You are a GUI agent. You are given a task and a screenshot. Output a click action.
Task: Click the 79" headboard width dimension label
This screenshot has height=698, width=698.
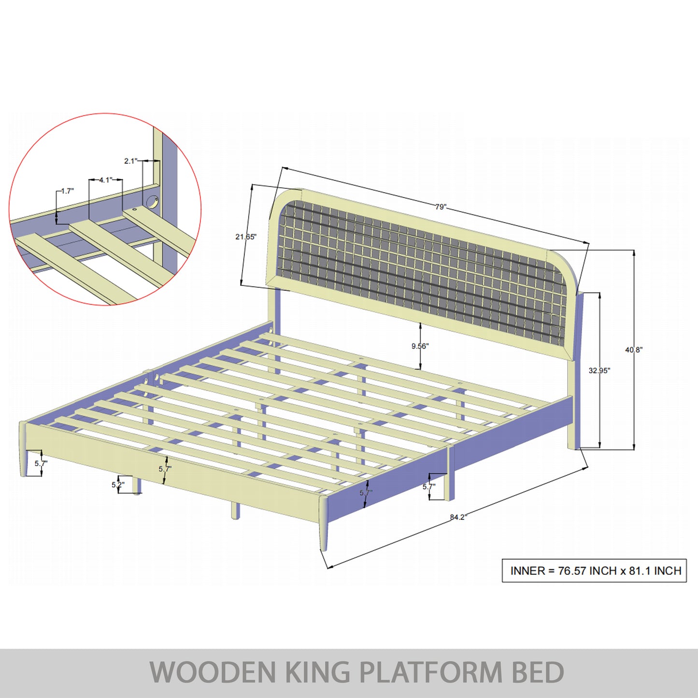pos(441,207)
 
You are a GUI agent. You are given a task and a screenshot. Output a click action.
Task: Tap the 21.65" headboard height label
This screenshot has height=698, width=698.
pos(246,237)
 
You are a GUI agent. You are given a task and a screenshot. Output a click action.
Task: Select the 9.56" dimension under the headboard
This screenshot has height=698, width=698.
pos(420,346)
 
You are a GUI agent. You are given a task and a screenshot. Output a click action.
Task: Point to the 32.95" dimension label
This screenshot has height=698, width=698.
pos(599,370)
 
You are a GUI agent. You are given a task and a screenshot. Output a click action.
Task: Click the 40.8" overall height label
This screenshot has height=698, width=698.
pos(634,350)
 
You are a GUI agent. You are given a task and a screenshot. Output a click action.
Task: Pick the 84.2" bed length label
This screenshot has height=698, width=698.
pos(458,517)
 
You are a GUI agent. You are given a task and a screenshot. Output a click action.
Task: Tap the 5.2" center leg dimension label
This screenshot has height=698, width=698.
pos(118,484)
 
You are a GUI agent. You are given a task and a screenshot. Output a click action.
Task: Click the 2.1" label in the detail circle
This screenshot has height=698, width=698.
pos(130,161)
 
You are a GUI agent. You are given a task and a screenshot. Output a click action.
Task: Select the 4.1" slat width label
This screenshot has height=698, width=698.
pos(105,180)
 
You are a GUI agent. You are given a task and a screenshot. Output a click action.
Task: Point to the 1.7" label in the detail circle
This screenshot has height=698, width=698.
pos(67,191)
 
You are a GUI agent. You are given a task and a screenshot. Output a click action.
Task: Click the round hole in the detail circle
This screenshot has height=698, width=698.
pos(153,201)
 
